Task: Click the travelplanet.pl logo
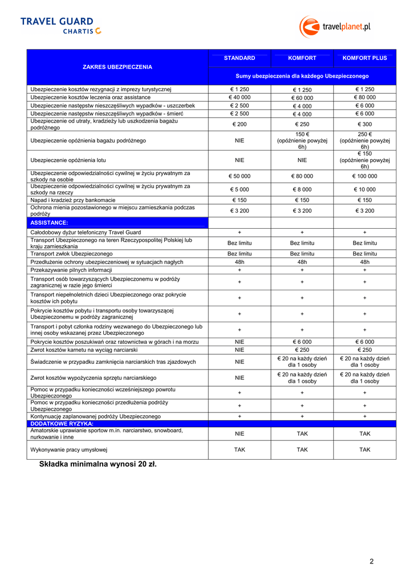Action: [335, 26]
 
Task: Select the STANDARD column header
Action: [240, 58]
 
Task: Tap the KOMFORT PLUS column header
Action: [365, 58]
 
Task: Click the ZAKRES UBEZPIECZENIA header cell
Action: [118, 67]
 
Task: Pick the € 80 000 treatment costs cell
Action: [365, 98]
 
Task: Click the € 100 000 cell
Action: [365, 176]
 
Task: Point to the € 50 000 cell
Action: [240, 176]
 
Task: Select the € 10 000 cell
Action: [365, 189]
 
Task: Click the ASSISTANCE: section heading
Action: [49, 222]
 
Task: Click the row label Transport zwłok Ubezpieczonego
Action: [71, 253]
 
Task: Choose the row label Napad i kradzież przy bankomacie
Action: [73, 200]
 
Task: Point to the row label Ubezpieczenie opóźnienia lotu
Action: [68, 160]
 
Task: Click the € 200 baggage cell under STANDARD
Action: [240, 124]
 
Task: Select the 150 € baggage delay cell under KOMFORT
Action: [302, 140]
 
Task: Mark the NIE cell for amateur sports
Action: [240, 434]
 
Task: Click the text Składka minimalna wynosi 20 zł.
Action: [98, 464]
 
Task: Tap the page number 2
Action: [371, 561]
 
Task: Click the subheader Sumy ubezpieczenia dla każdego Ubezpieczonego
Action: [302, 76]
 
